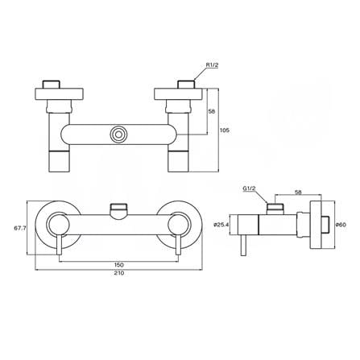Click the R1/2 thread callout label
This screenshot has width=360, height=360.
(x=212, y=64)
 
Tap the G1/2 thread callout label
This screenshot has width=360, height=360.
(x=249, y=188)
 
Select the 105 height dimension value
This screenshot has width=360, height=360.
(x=225, y=130)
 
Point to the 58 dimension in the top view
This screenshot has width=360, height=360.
(x=212, y=111)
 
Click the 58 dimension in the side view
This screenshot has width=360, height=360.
(x=298, y=192)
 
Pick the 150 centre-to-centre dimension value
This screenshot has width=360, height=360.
(x=119, y=265)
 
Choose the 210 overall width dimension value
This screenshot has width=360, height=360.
(x=119, y=273)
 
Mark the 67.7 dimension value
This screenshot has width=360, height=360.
(x=20, y=229)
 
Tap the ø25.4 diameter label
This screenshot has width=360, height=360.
(x=221, y=225)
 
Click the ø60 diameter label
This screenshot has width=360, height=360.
(x=341, y=225)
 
